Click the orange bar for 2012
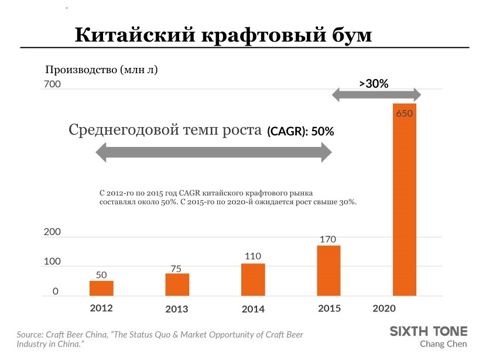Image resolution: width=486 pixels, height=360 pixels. tap(101, 289)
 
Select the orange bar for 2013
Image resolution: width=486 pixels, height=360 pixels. tap(177, 285)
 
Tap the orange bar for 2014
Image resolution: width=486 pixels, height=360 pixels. tap(253, 280)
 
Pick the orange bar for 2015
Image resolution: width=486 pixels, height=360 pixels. tap(328, 271)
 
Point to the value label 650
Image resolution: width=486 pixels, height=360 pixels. tap(405, 114)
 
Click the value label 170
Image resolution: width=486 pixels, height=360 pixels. tap(328, 239)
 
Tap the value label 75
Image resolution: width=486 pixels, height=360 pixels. tap(176, 269)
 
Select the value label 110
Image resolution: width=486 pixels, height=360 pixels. tap(253, 256)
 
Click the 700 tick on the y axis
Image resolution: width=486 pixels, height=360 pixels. tap(52, 85)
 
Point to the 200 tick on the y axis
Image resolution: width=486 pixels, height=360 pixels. tap(52, 232)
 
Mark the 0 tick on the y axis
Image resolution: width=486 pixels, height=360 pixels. tap(56, 291)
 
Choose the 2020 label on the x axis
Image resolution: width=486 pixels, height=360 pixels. tap(385, 308)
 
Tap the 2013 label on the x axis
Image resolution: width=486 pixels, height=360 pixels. tap(177, 309)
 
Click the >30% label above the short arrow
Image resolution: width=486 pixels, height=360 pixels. tap(374, 84)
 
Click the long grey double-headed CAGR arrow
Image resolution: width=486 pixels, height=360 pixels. tap(214, 154)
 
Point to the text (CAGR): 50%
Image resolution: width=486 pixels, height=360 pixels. tap(300, 132)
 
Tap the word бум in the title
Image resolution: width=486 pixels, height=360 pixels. tap(348, 35)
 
